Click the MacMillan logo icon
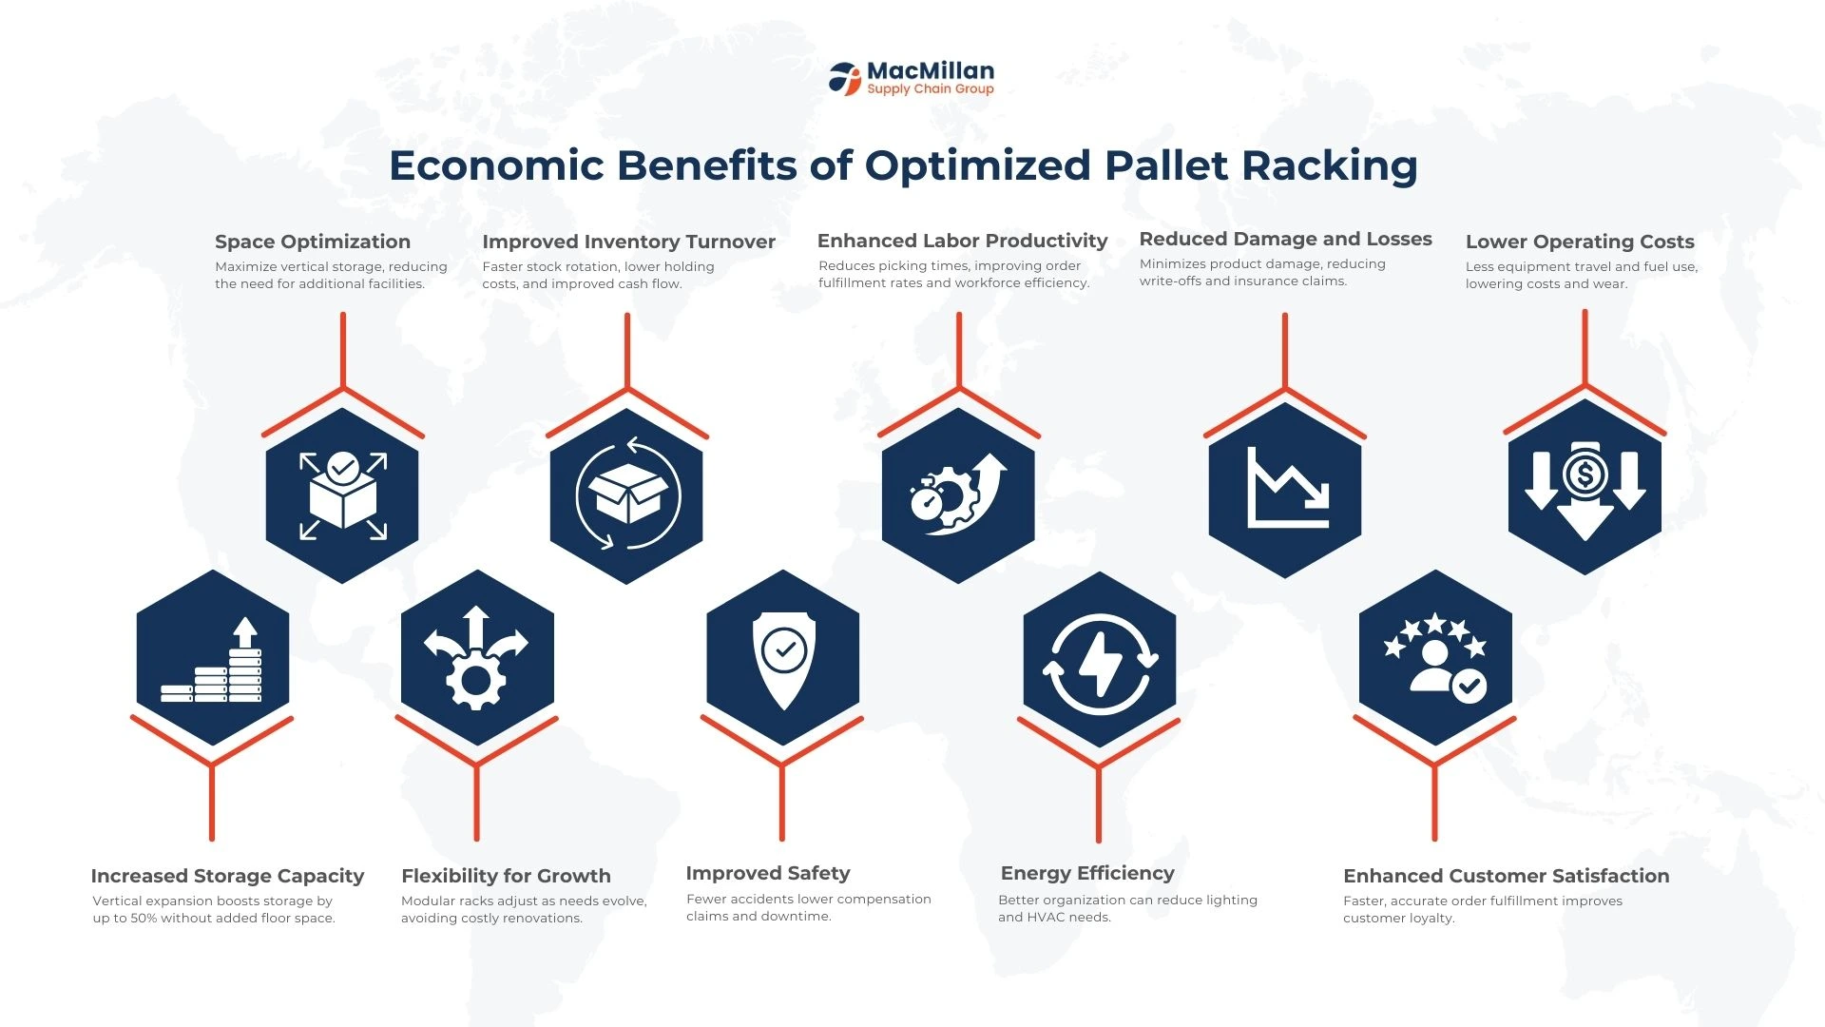[x=844, y=78]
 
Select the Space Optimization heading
[x=313, y=242]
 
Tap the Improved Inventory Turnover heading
[x=628, y=242]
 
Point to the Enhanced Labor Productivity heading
[x=962, y=241]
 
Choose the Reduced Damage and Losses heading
[x=1285, y=239]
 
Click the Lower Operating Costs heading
[x=1580, y=242]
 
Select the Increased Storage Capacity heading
[x=227, y=876]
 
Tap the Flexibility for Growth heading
[x=506, y=876]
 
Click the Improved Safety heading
[x=768, y=873]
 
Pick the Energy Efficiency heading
[x=1087, y=873]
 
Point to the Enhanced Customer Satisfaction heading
[x=1506, y=876]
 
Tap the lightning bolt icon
[x=1100, y=664]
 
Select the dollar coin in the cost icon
[x=1585, y=474]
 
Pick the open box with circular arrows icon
[x=627, y=494]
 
